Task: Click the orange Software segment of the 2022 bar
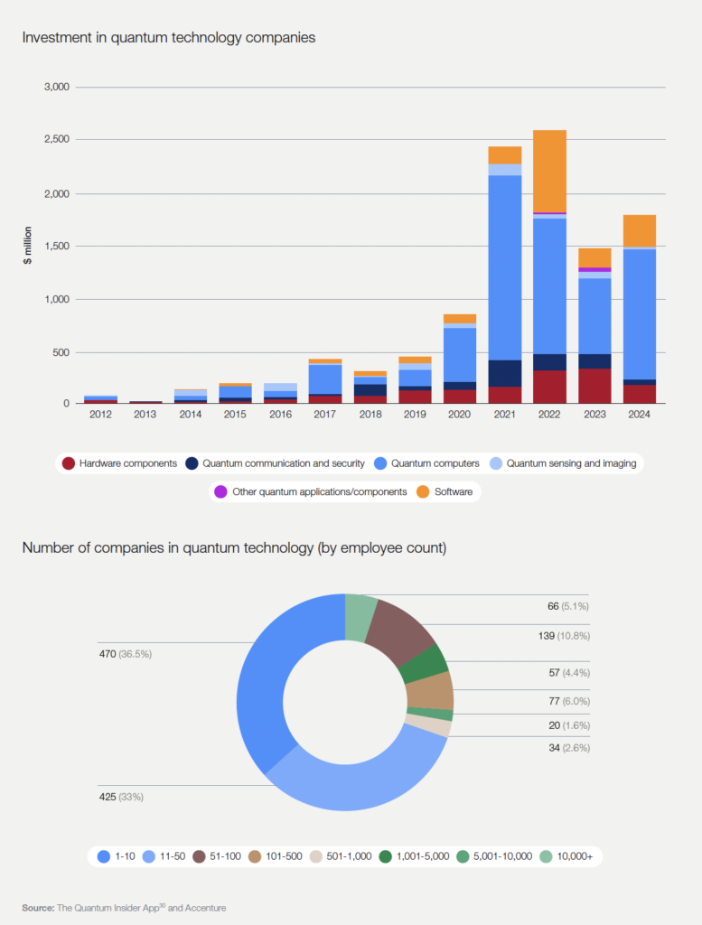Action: pos(549,171)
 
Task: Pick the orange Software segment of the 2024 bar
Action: pos(639,230)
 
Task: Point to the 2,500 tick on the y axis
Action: pos(56,140)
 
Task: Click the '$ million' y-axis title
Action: pos(28,246)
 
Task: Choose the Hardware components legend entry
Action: pos(119,463)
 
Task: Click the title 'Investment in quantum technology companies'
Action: pos(169,38)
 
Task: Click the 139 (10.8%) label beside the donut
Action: pos(563,636)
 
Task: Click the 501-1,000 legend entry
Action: pos(342,855)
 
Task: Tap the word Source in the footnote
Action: pos(38,907)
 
